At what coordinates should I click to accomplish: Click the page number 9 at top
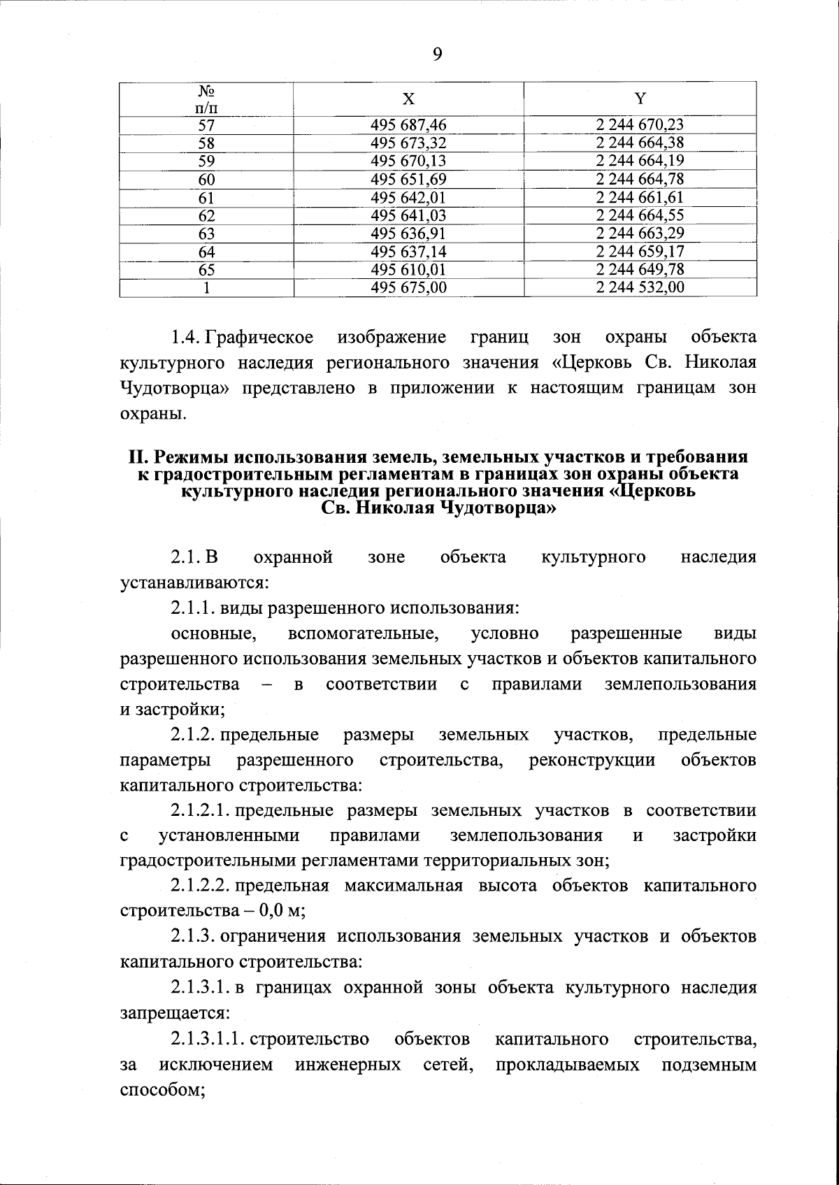point(438,55)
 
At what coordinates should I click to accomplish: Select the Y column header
point(640,99)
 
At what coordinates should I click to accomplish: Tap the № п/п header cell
point(206,99)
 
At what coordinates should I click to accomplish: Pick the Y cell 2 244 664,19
point(640,161)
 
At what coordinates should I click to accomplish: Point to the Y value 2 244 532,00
point(640,287)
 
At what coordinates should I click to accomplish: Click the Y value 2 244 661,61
point(640,198)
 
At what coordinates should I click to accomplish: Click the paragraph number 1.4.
point(186,338)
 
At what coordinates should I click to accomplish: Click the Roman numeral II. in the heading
point(137,457)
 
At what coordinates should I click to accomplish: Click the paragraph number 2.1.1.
point(193,608)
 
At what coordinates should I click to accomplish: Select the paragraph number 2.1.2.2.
point(200,886)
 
